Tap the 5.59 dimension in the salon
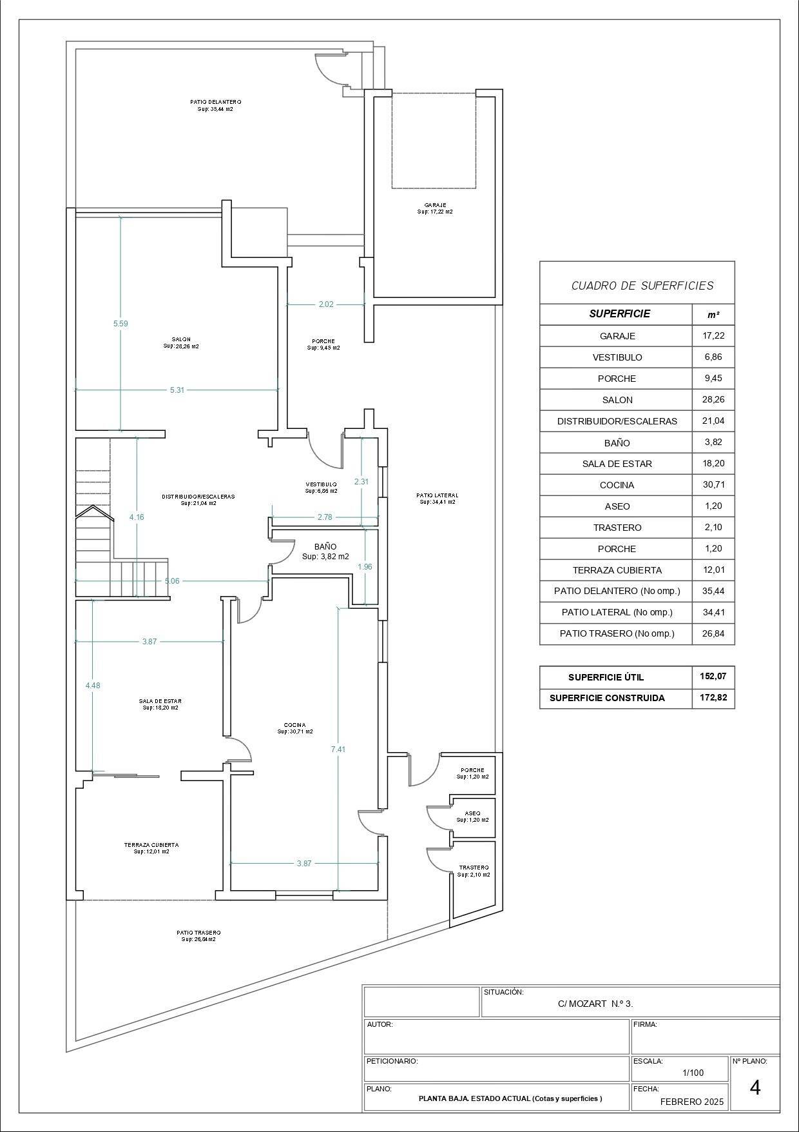tap(120, 324)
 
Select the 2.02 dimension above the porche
tap(326, 304)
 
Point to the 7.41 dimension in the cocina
tap(338, 749)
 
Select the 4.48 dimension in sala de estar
tap(93, 686)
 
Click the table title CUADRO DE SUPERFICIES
tap(642, 285)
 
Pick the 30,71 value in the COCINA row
tap(713, 485)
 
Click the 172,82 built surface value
tap(713, 698)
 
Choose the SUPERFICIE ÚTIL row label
tap(606, 677)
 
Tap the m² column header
tap(713, 315)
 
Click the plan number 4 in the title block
tap(755, 1088)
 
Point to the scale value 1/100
tap(693, 1073)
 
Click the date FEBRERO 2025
tap(692, 1102)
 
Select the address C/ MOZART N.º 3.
tap(595, 1004)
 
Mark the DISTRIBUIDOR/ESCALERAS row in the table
tap(617, 421)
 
